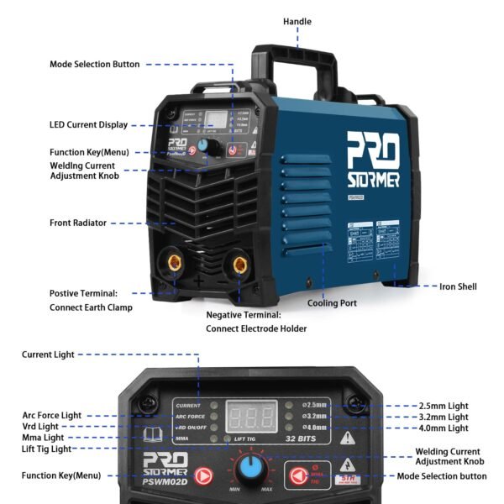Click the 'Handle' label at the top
coord(297,22)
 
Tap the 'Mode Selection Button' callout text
coord(95,64)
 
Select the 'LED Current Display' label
coord(89,124)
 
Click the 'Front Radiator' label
coord(78,223)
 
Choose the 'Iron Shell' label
coord(458,286)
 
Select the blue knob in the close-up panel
coord(249,468)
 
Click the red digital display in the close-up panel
coord(253,417)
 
